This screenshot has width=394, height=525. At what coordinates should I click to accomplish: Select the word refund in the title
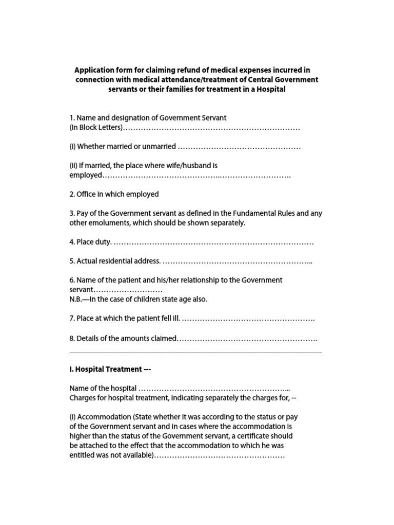coord(179,70)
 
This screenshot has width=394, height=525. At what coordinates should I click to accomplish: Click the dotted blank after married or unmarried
coord(239,147)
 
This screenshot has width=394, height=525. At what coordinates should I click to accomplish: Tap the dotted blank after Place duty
coord(213,242)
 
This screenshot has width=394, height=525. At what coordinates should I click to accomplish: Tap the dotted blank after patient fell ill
coord(248,319)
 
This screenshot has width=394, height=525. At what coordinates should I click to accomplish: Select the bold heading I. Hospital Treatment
coord(110,369)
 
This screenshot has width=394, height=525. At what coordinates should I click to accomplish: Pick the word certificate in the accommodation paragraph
coord(259,436)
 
